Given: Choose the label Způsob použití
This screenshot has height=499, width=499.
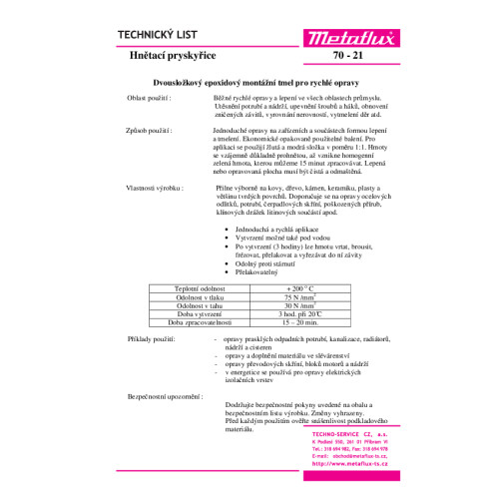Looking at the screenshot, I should coord(150,131).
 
